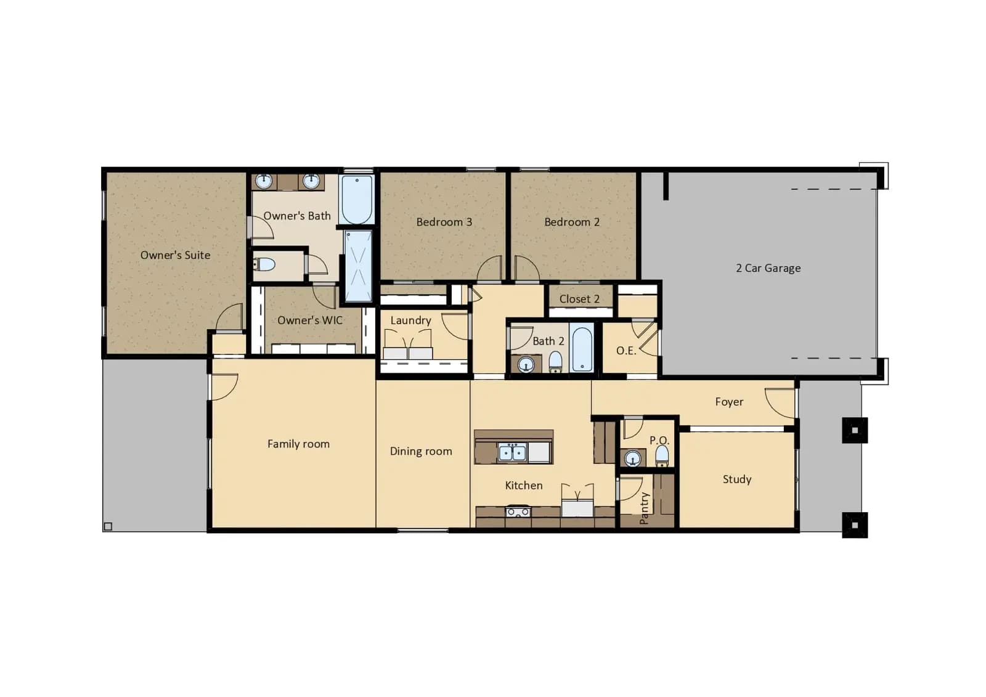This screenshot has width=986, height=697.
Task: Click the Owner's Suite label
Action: click(x=175, y=255)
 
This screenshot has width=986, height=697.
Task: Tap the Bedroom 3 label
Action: click(x=444, y=222)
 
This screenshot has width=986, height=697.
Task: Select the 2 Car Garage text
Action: click(x=768, y=268)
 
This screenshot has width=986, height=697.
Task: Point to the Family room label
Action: click(x=298, y=444)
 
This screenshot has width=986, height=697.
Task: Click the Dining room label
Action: click(x=421, y=451)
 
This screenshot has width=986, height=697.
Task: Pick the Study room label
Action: click(x=737, y=479)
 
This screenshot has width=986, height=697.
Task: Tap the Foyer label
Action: click(x=730, y=402)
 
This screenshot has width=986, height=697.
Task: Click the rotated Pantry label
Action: click(x=644, y=508)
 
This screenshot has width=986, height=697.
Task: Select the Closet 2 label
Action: click(x=579, y=299)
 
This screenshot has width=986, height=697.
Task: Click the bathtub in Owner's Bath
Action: click(x=357, y=200)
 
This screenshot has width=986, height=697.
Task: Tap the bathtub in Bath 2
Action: click(x=582, y=349)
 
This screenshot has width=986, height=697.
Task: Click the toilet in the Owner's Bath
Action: click(x=264, y=264)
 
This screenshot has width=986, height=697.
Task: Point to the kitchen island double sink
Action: click(x=512, y=452)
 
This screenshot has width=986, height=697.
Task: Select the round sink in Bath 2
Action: click(x=526, y=365)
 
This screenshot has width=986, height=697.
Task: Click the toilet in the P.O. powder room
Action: click(x=662, y=455)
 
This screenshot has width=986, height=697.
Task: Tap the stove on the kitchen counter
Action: click(x=518, y=511)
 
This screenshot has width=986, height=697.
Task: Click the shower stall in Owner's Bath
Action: click(x=358, y=266)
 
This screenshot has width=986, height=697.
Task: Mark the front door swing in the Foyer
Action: click(x=780, y=403)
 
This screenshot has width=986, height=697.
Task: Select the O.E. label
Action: click(x=626, y=351)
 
